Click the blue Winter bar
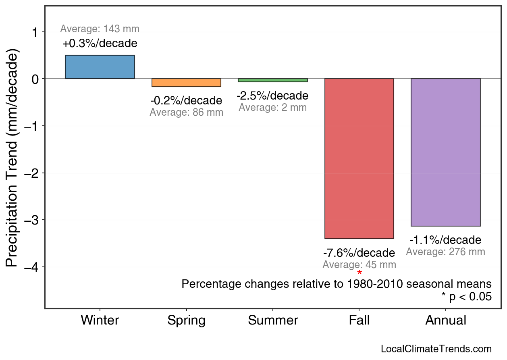[100, 67]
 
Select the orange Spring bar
[186, 83]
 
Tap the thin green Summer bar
[273, 80]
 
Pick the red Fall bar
[359, 158]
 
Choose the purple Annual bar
[446, 152]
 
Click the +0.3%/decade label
[100, 43]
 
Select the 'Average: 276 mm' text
[445, 252]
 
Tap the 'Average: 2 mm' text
[273, 108]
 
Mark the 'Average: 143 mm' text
[100, 29]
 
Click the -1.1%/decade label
[445, 240]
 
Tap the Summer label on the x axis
[273, 320]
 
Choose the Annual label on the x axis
[446, 320]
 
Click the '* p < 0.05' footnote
[466, 297]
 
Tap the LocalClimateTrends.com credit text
[436, 349]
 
